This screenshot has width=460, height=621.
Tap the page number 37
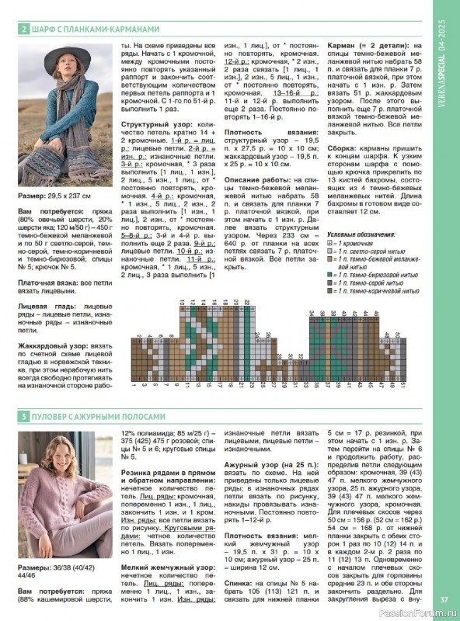(444, 598)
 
